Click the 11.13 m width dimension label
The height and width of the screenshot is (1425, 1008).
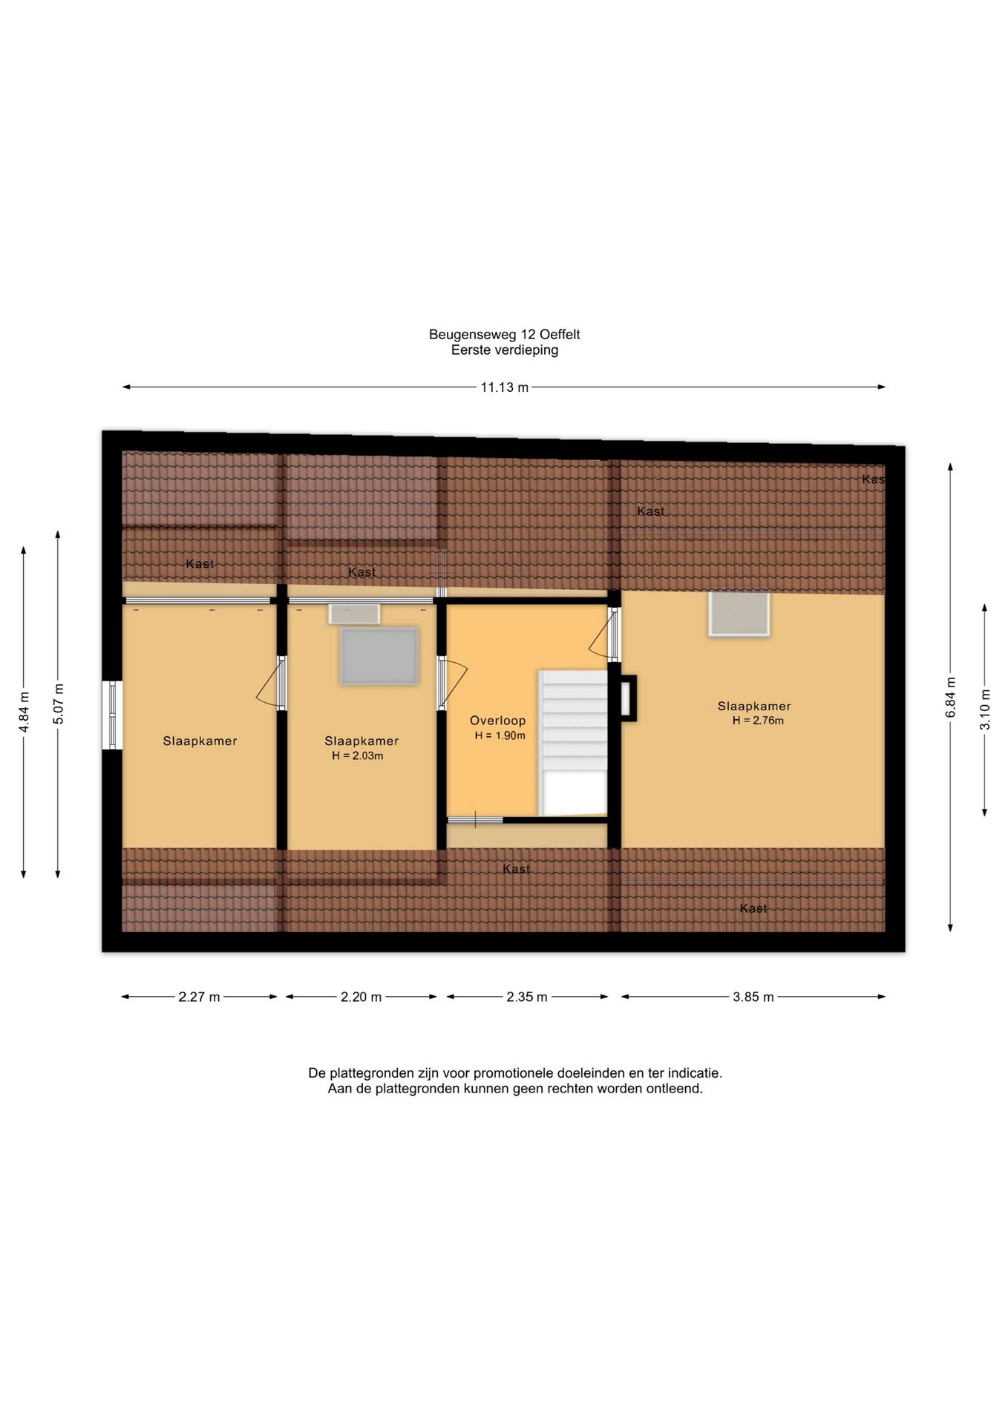pyautogui.click(x=504, y=387)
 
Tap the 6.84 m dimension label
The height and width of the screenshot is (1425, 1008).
pyautogui.click(x=950, y=698)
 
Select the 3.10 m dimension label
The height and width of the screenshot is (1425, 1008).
pyautogui.click(x=985, y=710)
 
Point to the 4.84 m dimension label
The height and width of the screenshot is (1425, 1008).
pyautogui.click(x=24, y=712)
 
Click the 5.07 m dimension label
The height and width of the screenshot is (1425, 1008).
pyautogui.click(x=58, y=704)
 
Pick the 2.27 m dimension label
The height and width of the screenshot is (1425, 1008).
pyautogui.click(x=199, y=997)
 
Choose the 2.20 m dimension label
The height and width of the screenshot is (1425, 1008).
pyautogui.click(x=361, y=997)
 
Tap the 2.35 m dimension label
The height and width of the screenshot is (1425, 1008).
pyautogui.click(x=527, y=997)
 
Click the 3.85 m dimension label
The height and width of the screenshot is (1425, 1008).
pyautogui.click(x=753, y=997)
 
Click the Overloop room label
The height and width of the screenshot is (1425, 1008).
pyautogui.click(x=497, y=721)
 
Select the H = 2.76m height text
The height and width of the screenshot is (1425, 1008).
pyautogui.click(x=758, y=721)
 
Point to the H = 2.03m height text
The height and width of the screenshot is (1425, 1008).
pyautogui.click(x=358, y=756)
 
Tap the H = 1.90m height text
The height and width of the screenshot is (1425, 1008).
pyautogui.click(x=500, y=736)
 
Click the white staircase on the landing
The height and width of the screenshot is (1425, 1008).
pyautogui.click(x=573, y=742)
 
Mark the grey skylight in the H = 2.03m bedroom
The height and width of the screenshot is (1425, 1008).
pyautogui.click(x=379, y=656)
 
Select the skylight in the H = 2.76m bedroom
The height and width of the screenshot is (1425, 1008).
pyautogui.click(x=739, y=614)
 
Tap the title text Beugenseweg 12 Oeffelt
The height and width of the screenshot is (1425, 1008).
pyautogui.click(x=505, y=335)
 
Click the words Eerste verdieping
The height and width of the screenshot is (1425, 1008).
pyautogui.click(x=505, y=350)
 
